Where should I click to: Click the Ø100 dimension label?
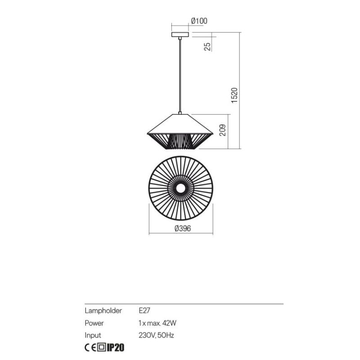point(199,21)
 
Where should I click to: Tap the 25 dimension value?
point(207,47)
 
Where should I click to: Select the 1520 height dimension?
point(234,95)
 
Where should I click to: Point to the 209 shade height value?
point(222,130)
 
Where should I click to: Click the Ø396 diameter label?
point(183,229)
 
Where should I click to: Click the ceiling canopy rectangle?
point(180,35)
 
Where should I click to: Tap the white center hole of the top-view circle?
point(181,189)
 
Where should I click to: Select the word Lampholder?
point(103,310)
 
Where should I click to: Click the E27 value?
point(144,310)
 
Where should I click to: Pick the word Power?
point(94,323)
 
